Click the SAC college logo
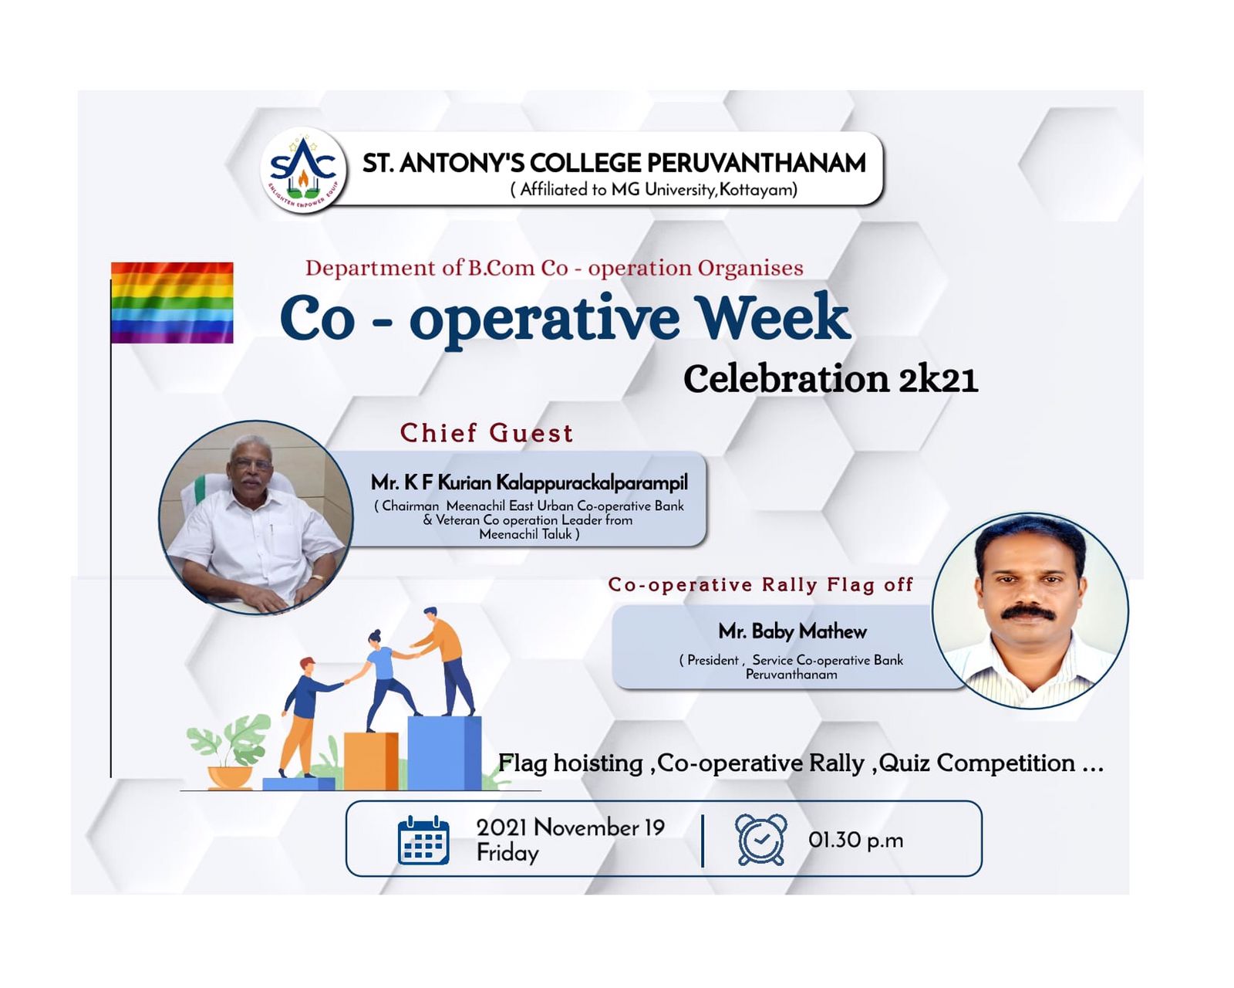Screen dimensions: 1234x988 coord(304,171)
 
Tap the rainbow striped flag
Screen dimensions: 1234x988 coord(172,303)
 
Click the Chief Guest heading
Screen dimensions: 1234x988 coord(487,433)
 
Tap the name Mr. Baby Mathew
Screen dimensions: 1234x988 coord(793,631)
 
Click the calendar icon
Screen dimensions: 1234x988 coord(423,840)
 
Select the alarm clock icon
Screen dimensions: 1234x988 coord(761,839)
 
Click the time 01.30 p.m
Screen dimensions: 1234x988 coord(855,841)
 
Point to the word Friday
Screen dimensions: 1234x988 coord(507,853)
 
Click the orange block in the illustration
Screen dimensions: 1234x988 coord(371,761)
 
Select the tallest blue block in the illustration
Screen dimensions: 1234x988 coord(444,753)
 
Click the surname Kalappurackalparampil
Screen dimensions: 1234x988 coord(592,483)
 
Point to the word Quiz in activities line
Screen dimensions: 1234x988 coord(904,763)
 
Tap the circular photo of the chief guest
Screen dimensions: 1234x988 coord(256,518)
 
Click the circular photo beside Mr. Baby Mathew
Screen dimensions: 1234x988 coord(1030,611)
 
